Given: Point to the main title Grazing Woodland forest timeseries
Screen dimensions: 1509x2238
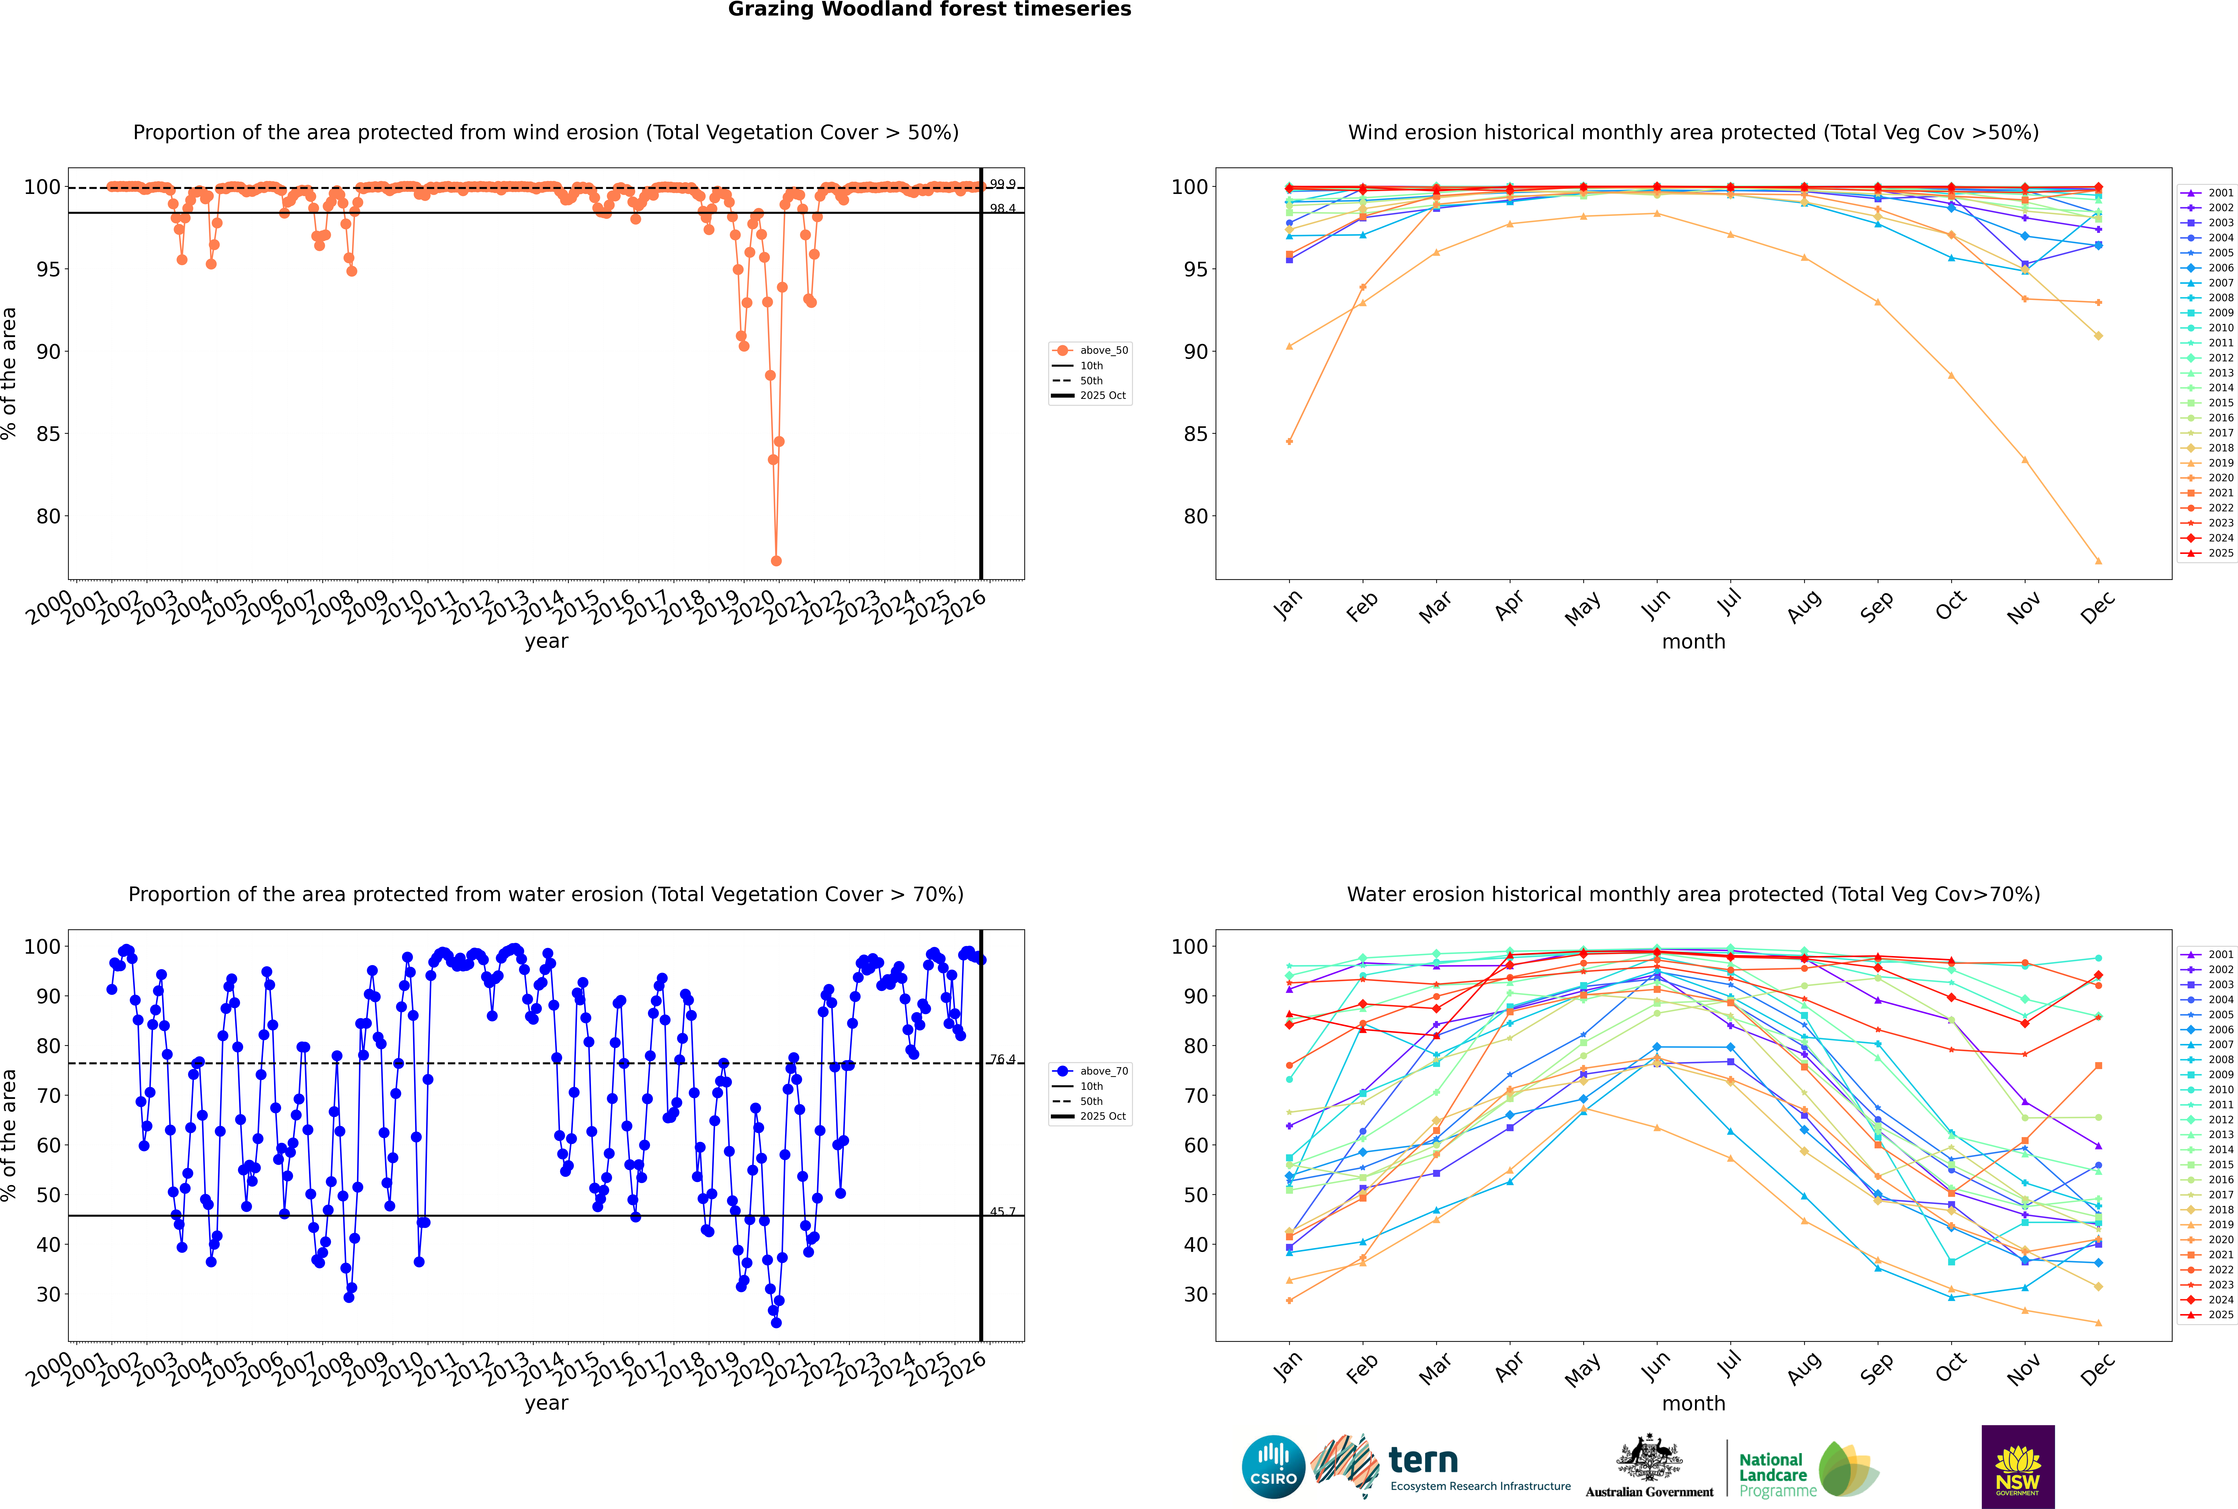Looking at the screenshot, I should (x=930, y=10).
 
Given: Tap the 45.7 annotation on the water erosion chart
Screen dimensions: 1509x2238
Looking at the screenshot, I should (x=1003, y=1212).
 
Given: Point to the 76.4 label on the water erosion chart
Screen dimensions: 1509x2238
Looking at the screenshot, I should (x=1003, y=1060).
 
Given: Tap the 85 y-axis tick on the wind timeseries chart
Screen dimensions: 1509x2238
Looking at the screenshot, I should (x=48, y=434).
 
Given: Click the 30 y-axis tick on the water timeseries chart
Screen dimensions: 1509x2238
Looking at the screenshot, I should (x=48, y=1294).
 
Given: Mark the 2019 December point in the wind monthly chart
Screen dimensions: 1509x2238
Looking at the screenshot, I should (x=2098, y=561).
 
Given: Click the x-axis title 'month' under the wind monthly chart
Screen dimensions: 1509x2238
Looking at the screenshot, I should (x=1693, y=642).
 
